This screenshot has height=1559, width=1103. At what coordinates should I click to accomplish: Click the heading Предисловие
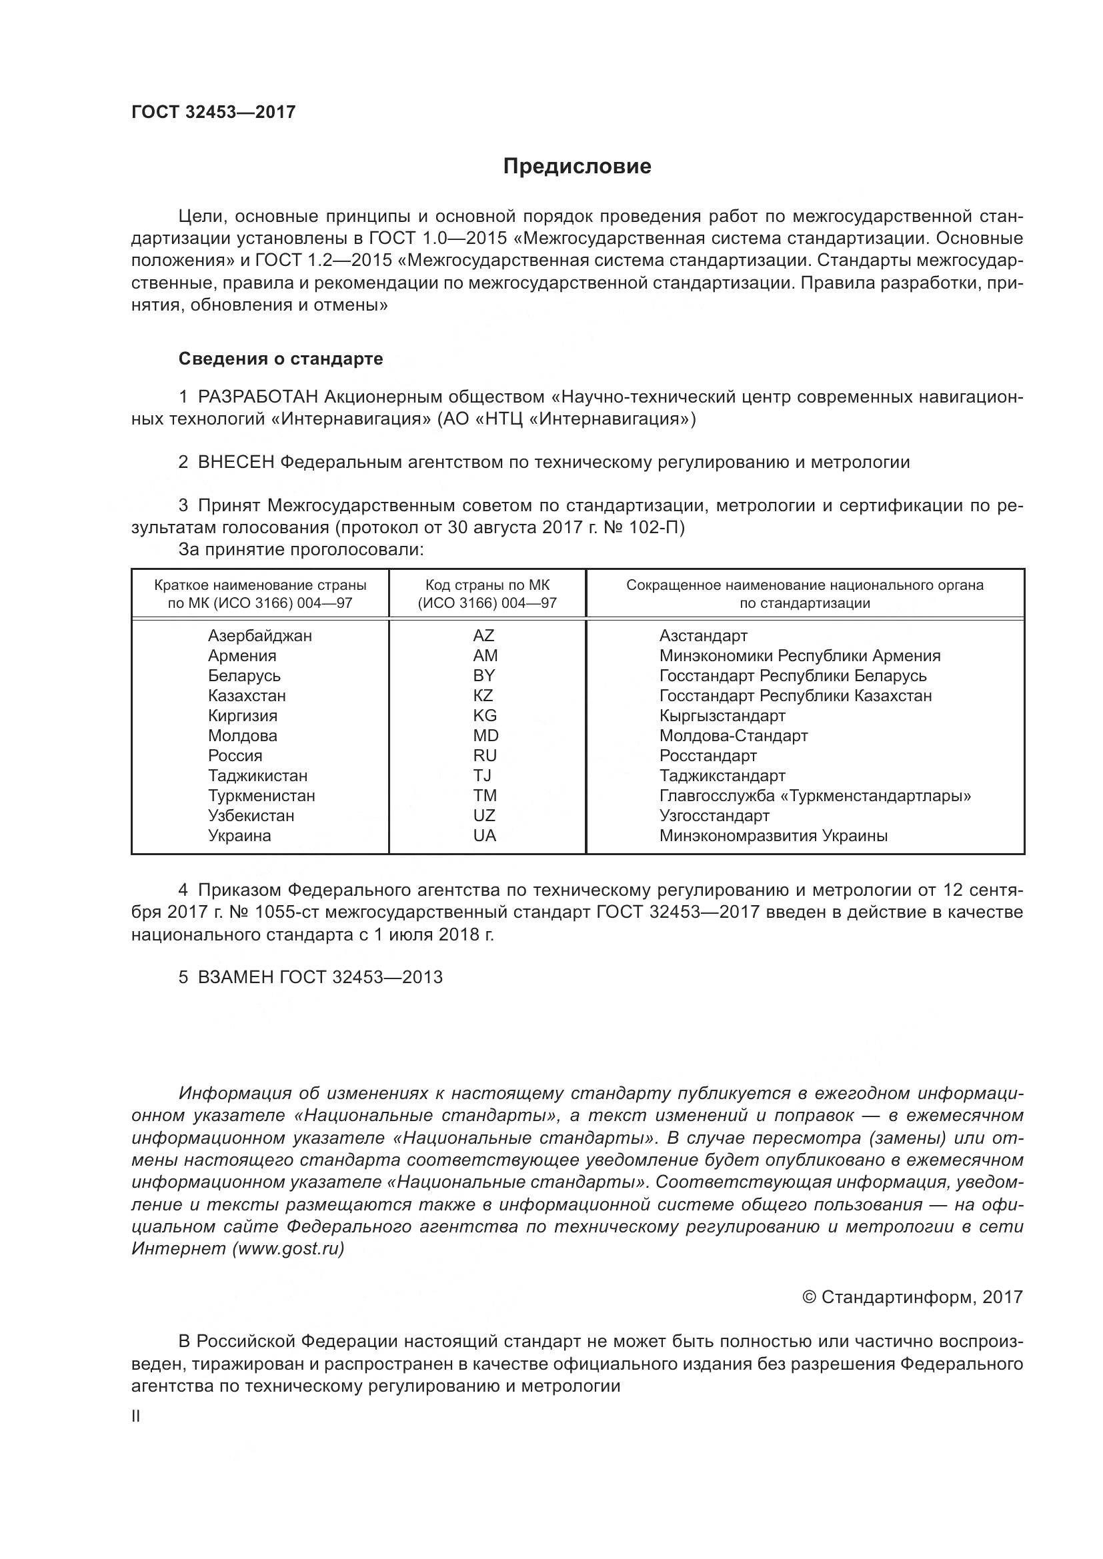tap(577, 167)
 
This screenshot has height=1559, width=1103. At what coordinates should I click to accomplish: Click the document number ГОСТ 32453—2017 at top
tap(213, 112)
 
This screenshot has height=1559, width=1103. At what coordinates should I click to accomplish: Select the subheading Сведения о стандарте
tap(281, 359)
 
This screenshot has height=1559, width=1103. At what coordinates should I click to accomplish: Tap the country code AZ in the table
tap(483, 636)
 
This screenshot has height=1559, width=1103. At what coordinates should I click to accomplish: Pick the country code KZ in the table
tap(483, 695)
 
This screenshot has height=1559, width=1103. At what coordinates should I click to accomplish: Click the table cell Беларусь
tap(244, 676)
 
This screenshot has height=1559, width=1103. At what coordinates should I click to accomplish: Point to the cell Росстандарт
tap(708, 756)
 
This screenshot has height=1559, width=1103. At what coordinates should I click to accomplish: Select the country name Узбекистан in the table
tap(251, 815)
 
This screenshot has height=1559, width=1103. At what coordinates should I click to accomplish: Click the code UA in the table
tap(484, 836)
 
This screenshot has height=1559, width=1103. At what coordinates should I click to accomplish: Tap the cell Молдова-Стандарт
tap(734, 735)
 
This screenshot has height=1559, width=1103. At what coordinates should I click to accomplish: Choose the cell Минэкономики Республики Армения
tap(800, 656)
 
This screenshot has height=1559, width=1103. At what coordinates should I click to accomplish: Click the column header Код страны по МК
tap(487, 585)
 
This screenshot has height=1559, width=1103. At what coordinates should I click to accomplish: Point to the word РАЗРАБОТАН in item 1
tap(257, 397)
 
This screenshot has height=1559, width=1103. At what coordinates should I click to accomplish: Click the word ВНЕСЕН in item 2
tap(235, 463)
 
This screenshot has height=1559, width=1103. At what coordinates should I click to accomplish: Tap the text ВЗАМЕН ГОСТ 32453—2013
tap(319, 977)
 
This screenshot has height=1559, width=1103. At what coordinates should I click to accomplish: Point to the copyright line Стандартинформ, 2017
tap(912, 1297)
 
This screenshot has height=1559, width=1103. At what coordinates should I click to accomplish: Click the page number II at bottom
tap(136, 1416)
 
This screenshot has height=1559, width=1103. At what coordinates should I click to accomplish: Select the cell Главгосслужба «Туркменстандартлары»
tap(814, 796)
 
